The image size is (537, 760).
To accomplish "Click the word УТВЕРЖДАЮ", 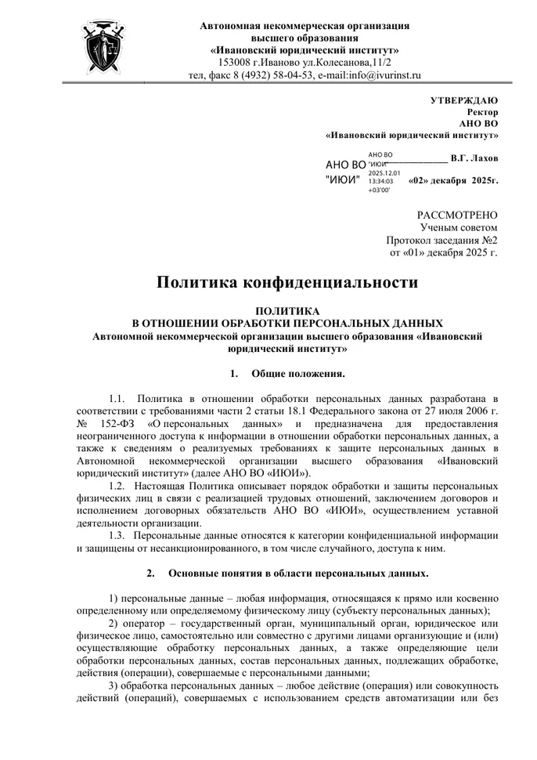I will (x=464, y=100).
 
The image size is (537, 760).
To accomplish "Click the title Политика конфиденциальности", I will (x=287, y=282).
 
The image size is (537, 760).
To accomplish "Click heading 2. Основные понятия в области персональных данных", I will (x=287, y=572).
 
